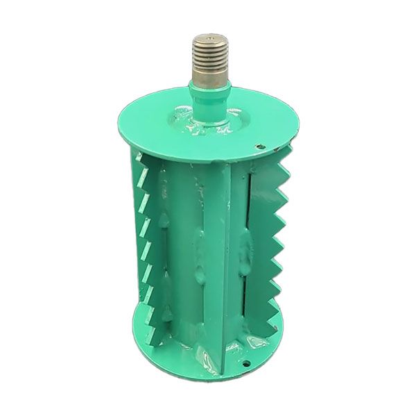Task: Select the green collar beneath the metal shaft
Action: [x=209, y=94]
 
